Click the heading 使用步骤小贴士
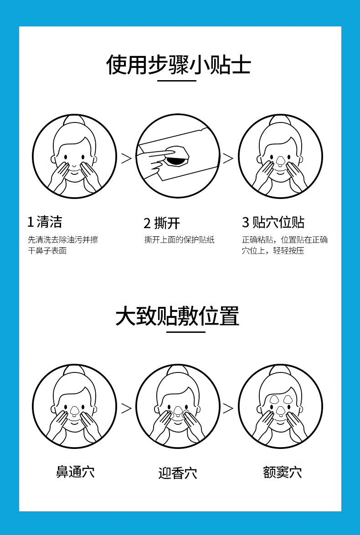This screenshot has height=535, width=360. pyautogui.click(x=179, y=65)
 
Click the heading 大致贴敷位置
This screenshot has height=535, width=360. pyautogui.click(x=177, y=316)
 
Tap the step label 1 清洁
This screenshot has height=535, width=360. pyautogui.click(x=45, y=222)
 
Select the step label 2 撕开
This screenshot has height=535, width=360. pyautogui.click(x=162, y=223)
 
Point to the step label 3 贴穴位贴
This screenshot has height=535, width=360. pyautogui.click(x=273, y=223)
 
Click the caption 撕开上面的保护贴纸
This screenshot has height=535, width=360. pyautogui.click(x=180, y=239)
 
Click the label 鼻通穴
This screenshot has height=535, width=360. pyautogui.click(x=75, y=472)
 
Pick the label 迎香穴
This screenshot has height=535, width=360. pyautogui.click(x=178, y=473)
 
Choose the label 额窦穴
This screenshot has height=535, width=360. pyautogui.click(x=282, y=472)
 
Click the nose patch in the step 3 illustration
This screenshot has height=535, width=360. pyautogui.click(x=280, y=160)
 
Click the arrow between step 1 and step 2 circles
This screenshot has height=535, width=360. pyautogui.click(x=126, y=158)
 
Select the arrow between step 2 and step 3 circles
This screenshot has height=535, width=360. pyautogui.click(x=228, y=158)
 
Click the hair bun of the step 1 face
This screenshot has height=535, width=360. pyautogui.click(x=74, y=119)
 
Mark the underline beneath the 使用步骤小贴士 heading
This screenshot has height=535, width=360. pyautogui.click(x=177, y=81)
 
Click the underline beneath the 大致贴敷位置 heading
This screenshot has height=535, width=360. pyautogui.click(x=186, y=332)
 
